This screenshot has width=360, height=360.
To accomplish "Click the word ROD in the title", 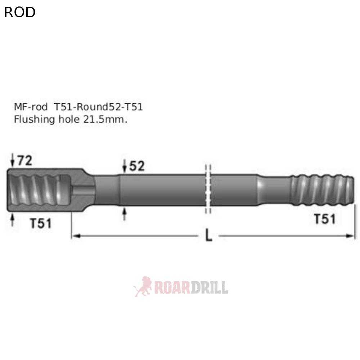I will point(20,12).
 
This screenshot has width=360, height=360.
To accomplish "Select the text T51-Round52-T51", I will point(98,107).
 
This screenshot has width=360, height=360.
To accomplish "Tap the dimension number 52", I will point(137,166).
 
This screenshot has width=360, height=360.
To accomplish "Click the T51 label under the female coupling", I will point(40,224).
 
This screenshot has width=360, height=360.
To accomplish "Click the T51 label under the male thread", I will point(325,219).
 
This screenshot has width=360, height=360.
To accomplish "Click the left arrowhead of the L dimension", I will point(76,236).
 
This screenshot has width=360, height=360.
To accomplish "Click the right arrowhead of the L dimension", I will point(351,236).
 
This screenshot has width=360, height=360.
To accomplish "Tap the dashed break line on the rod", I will point(208,189).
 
